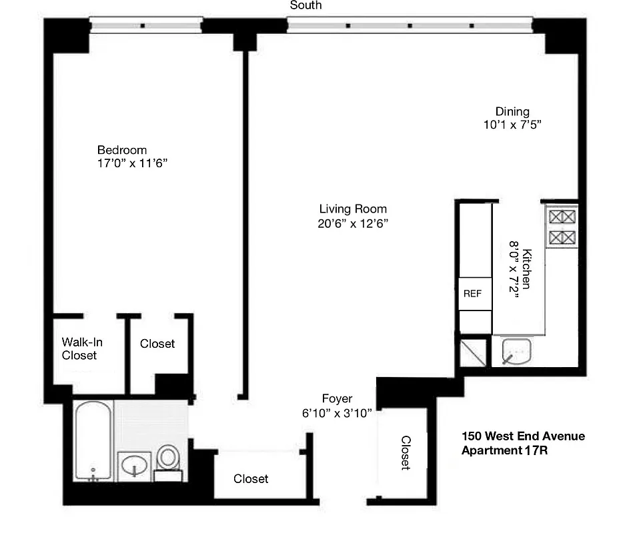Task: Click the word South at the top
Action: click(x=305, y=5)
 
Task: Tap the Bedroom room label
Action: click(x=122, y=150)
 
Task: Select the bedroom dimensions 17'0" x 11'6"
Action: click(x=131, y=163)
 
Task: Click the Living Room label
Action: click(x=353, y=209)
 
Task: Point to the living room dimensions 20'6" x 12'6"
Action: click(x=354, y=224)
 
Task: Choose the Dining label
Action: click(x=512, y=111)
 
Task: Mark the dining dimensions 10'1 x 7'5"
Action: click(x=512, y=125)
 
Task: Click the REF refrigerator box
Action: click(x=474, y=293)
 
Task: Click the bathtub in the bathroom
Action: click(x=93, y=440)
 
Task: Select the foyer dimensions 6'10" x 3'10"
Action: click(x=337, y=413)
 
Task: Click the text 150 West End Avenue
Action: click(x=523, y=436)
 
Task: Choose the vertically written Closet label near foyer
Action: click(x=405, y=453)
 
